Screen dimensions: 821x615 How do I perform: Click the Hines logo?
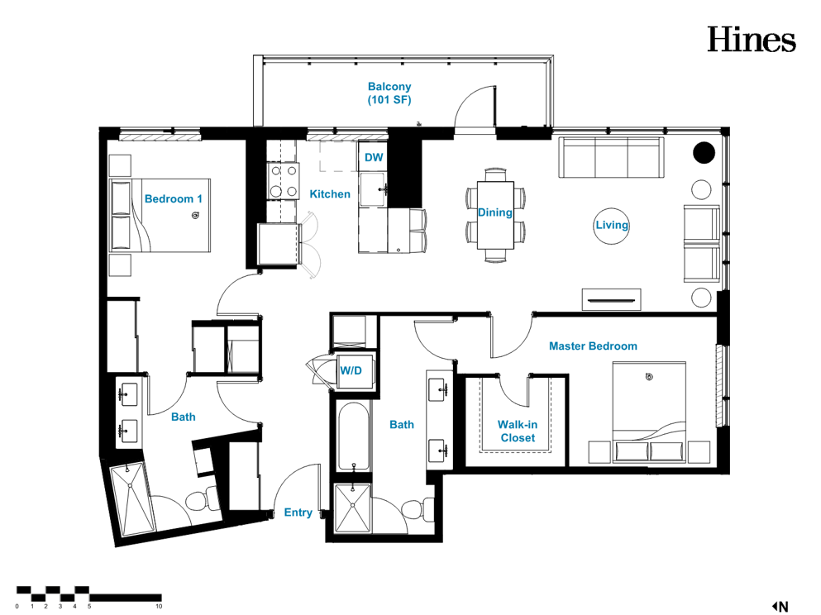pyautogui.click(x=752, y=39)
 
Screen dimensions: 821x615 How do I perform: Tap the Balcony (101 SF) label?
pyautogui.click(x=389, y=93)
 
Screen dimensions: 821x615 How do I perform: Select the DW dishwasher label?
pyautogui.click(x=374, y=157)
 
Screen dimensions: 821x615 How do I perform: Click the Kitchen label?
pyautogui.click(x=330, y=194)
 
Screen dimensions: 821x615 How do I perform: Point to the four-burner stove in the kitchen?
pyautogui.click(x=284, y=181)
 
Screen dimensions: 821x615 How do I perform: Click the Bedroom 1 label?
pyautogui.click(x=174, y=199)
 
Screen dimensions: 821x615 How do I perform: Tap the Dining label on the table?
pyautogui.click(x=494, y=212)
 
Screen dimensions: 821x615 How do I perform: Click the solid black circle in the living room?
pyautogui.click(x=704, y=153)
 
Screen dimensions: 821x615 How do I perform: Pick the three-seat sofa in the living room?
pyautogui.click(x=612, y=158)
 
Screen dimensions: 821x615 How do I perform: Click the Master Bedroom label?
pyautogui.click(x=593, y=346)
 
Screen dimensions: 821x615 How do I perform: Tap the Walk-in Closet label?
pyautogui.click(x=518, y=431)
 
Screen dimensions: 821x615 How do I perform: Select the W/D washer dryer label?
pyautogui.click(x=351, y=370)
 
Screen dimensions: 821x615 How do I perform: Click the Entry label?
pyautogui.click(x=298, y=512)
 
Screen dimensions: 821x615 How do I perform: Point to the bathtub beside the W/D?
pyautogui.click(x=354, y=436)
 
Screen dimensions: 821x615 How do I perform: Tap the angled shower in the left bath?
pyautogui.click(x=132, y=499)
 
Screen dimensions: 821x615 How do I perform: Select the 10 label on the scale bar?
pyautogui.click(x=159, y=606)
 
